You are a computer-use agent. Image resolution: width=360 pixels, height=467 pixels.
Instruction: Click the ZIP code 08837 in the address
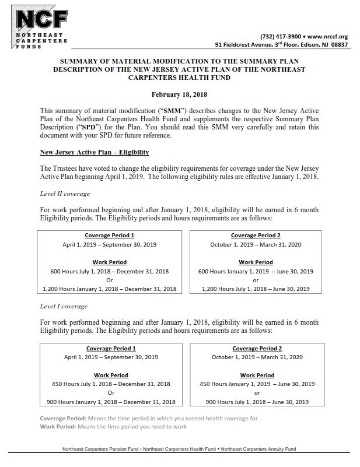point(338,44)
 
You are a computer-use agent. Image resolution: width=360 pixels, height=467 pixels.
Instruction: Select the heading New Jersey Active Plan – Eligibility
point(95,152)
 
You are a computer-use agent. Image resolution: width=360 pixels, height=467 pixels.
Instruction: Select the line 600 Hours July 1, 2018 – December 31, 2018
point(110,271)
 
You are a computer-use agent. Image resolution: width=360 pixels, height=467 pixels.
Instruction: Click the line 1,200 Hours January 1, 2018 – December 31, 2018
point(110,289)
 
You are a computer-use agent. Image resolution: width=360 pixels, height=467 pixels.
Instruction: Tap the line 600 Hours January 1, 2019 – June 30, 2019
point(256,271)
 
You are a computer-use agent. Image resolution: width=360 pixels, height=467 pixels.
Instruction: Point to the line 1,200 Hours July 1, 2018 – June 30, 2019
point(256,289)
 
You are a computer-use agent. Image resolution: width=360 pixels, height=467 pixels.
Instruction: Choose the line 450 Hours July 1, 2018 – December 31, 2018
point(110,384)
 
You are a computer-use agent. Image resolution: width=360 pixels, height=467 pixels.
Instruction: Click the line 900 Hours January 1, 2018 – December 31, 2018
point(110,402)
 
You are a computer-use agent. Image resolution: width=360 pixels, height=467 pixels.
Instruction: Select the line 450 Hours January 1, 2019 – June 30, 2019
point(257,384)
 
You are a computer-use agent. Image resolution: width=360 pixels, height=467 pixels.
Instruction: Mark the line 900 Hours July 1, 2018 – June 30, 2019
point(257,402)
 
